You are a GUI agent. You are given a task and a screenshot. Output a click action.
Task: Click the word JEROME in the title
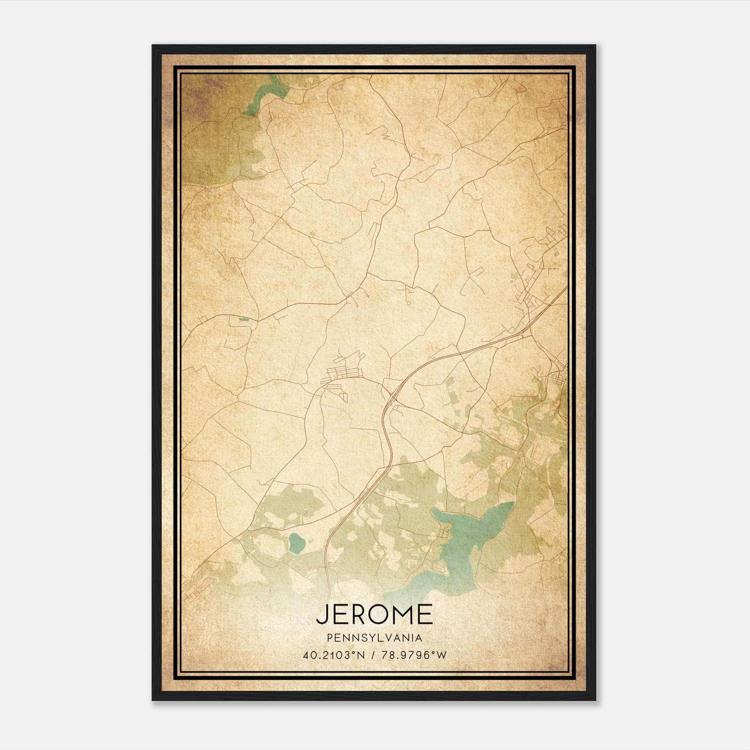374,614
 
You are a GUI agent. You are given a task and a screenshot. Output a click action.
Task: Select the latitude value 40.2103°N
334,656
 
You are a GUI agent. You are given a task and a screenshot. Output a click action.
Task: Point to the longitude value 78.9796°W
413,656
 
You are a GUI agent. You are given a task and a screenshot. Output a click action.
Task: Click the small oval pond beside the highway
296,543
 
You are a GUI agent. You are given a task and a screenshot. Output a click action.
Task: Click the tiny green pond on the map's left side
243,320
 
